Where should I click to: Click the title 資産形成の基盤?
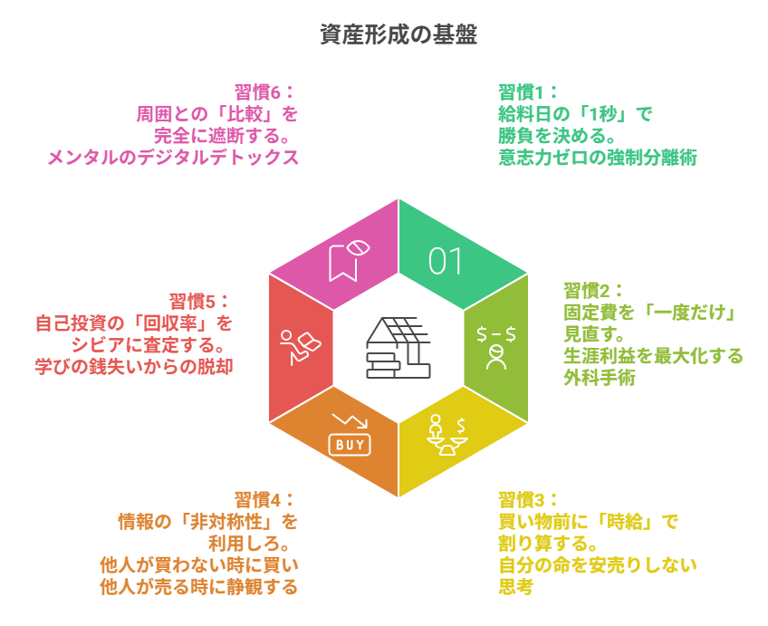[398, 34]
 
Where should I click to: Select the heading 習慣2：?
[593, 291]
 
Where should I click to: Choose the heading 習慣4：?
[265, 499]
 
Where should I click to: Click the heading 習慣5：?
[200, 302]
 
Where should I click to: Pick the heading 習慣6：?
[265, 92]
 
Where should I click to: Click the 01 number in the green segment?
[446, 261]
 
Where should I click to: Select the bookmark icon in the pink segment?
[349, 260]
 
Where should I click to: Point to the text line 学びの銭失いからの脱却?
[134, 367]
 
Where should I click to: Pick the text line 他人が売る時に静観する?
[199, 586]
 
